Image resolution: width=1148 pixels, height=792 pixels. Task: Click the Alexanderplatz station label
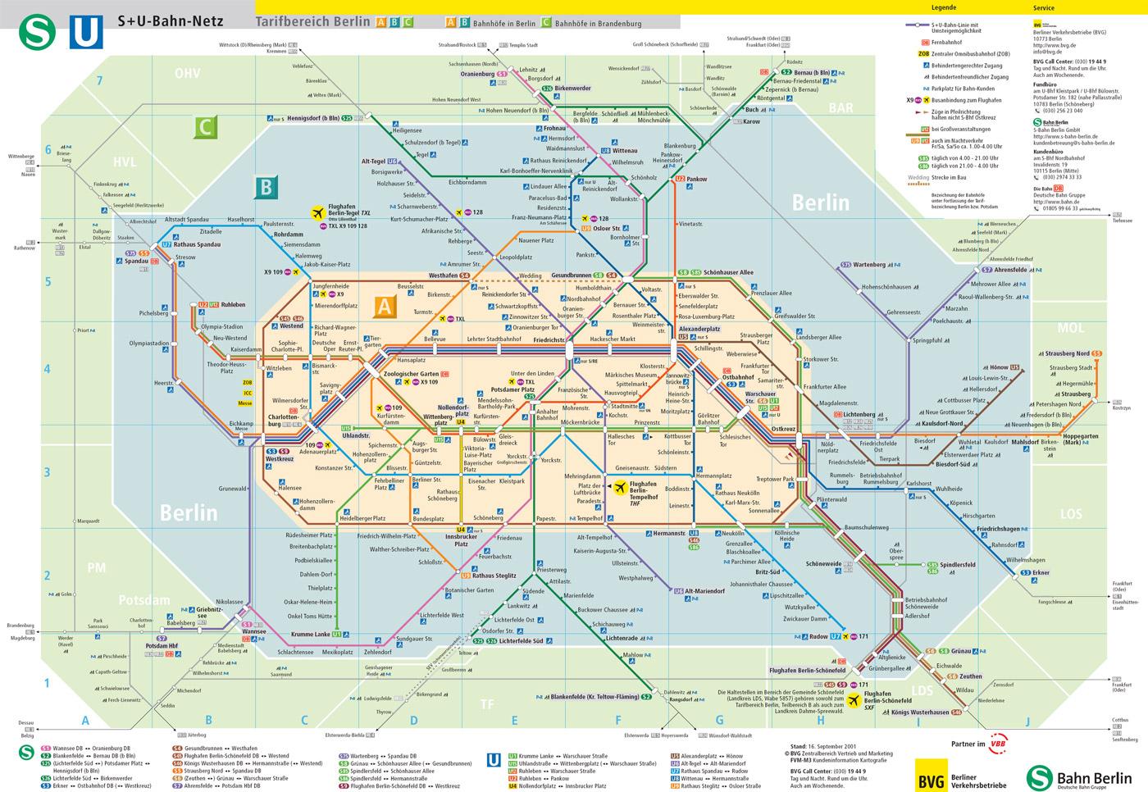(x=699, y=328)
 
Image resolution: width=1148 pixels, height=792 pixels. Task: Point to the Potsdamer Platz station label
(x=512, y=389)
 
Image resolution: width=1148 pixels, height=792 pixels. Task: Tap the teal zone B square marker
(x=265, y=188)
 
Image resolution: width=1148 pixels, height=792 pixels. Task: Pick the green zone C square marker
(x=205, y=127)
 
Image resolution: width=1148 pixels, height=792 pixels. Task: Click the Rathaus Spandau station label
(x=197, y=244)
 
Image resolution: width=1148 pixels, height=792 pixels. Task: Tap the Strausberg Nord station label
(x=1067, y=353)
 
